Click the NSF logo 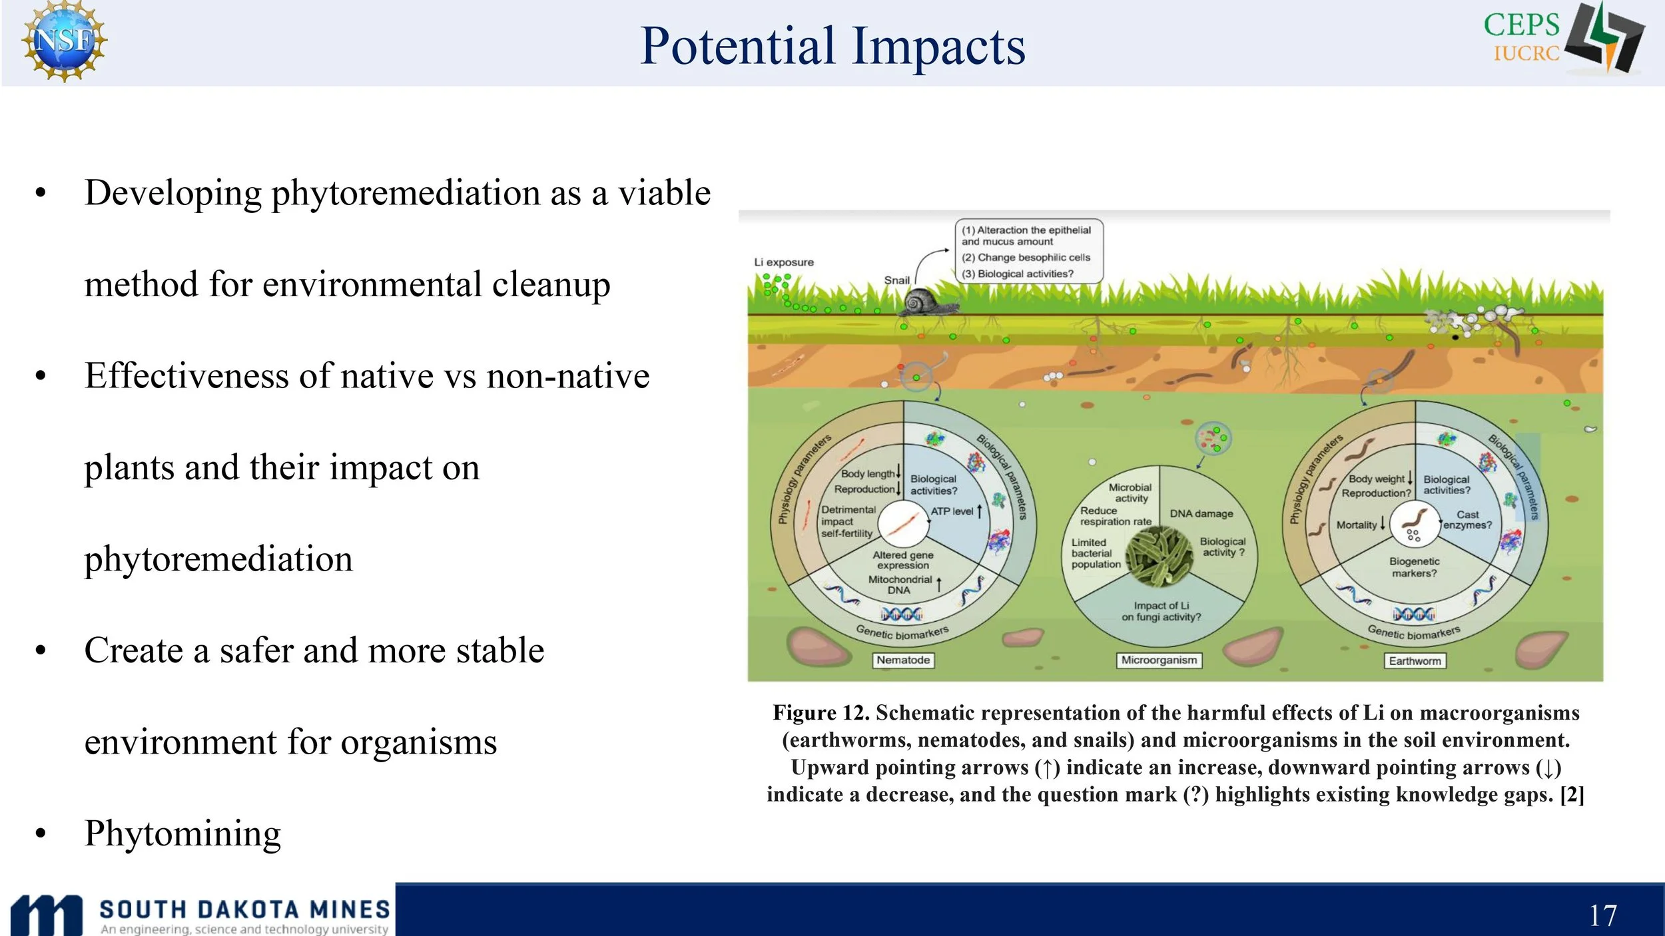click(x=64, y=41)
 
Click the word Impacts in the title click(x=939, y=47)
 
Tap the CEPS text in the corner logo click(x=1522, y=25)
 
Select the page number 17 click(x=1603, y=915)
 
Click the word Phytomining click(x=182, y=834)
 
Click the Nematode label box click(x=903, y=660)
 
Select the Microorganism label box click(x=1159, y=660)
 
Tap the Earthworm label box click(x=1415, y=660)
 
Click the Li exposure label click(x=784, y=262)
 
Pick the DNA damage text click(x=1201, y=513)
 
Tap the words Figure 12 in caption click(x=821, y=713)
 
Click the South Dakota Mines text click(x=244, y=909)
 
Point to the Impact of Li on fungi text click(x=1161, y=611)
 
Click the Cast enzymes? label click(x=1467, y=520)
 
